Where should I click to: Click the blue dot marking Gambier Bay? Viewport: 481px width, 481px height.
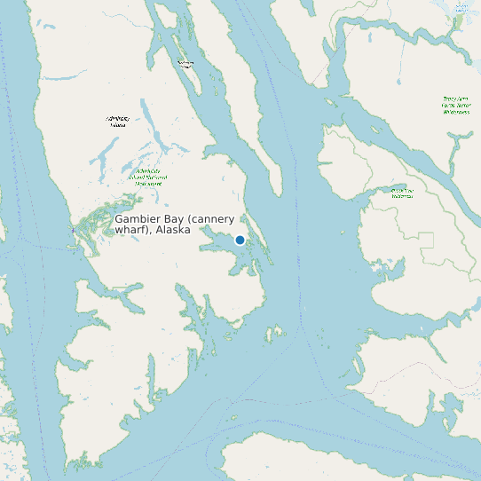coord(240,240)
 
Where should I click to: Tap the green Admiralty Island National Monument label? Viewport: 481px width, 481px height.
coord(148,177)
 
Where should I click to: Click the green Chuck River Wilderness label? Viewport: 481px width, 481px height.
coord(402,193)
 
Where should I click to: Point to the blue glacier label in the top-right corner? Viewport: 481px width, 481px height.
coord(461,7)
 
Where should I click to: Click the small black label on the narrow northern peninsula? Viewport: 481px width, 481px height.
coord(185,63)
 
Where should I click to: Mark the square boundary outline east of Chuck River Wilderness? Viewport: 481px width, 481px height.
coord(426,240)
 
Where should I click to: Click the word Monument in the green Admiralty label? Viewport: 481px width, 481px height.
coord(148,183)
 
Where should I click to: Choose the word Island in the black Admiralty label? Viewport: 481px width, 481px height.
coord(117,125)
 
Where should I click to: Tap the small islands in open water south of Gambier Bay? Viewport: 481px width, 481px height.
coord(272,334)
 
